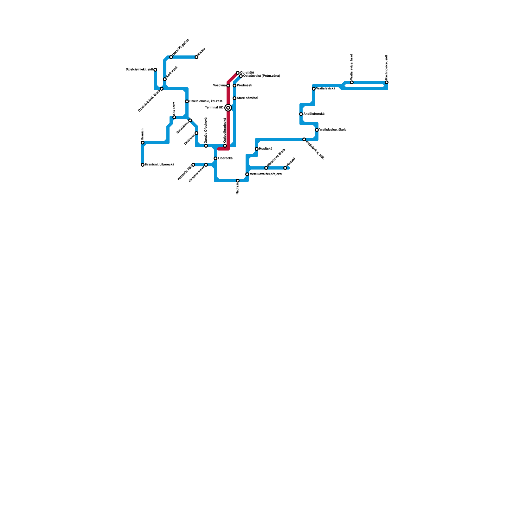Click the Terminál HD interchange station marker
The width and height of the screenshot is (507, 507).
click(x=228, y=108)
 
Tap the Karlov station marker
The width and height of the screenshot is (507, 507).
click(x=196, y=57)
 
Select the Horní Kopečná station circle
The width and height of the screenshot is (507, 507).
click(x=171, y=57)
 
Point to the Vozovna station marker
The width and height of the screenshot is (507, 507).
click(x=228, y=86)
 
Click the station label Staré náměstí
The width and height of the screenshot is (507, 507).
click(x=247, y=98)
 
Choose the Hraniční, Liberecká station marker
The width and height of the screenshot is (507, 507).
click(x=143, y=165)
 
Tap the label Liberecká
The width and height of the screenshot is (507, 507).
click(x=225, y=158)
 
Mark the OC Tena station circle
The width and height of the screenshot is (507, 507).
click(x=174, y=117)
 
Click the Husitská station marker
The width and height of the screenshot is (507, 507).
click(x=257, y=149)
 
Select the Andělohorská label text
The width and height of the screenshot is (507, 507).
click(x=314, y=114)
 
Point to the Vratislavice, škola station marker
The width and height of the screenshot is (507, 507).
click(x=317, y=130)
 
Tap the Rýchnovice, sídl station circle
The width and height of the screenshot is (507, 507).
click(x=387, y=82)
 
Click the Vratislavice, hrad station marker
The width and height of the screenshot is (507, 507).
click(x=352, y=82)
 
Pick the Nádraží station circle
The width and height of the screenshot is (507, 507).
click(x=238, y=181)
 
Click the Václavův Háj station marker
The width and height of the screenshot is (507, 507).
click(x=193, y=165)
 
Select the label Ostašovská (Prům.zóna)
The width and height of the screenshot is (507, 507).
click(x=261, y=76)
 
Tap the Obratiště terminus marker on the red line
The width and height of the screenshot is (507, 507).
click(x=238, y=73)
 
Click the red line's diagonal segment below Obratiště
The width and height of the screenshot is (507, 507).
click(x=233, y=78)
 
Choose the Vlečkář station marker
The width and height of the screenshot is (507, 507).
click(x=285, y=168)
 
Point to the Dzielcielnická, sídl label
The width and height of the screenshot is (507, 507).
click(x=139, y=69)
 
